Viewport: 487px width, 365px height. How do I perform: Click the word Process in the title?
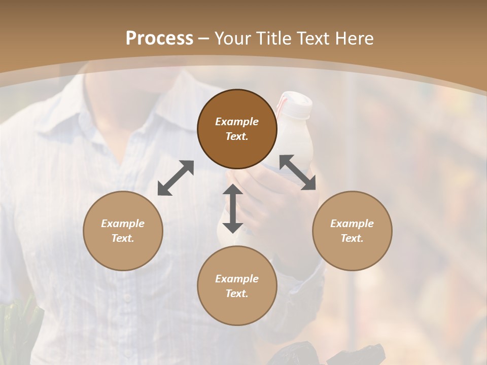(x=159, y=39)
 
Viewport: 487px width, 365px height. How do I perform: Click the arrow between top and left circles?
(x=176, y=178)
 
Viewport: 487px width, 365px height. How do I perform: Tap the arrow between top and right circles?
(x=298, y=172)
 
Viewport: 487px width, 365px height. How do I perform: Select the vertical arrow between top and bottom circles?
(x=233, y=208)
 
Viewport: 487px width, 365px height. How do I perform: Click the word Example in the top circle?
(x=237, y=122)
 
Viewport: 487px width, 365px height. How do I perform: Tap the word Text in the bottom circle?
(x=237, y=294)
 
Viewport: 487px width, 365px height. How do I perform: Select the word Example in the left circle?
(x=123, y=224)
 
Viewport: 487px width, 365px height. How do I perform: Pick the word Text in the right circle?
(x=352, y=238)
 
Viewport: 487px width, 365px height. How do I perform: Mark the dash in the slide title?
(x=204, y=39)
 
